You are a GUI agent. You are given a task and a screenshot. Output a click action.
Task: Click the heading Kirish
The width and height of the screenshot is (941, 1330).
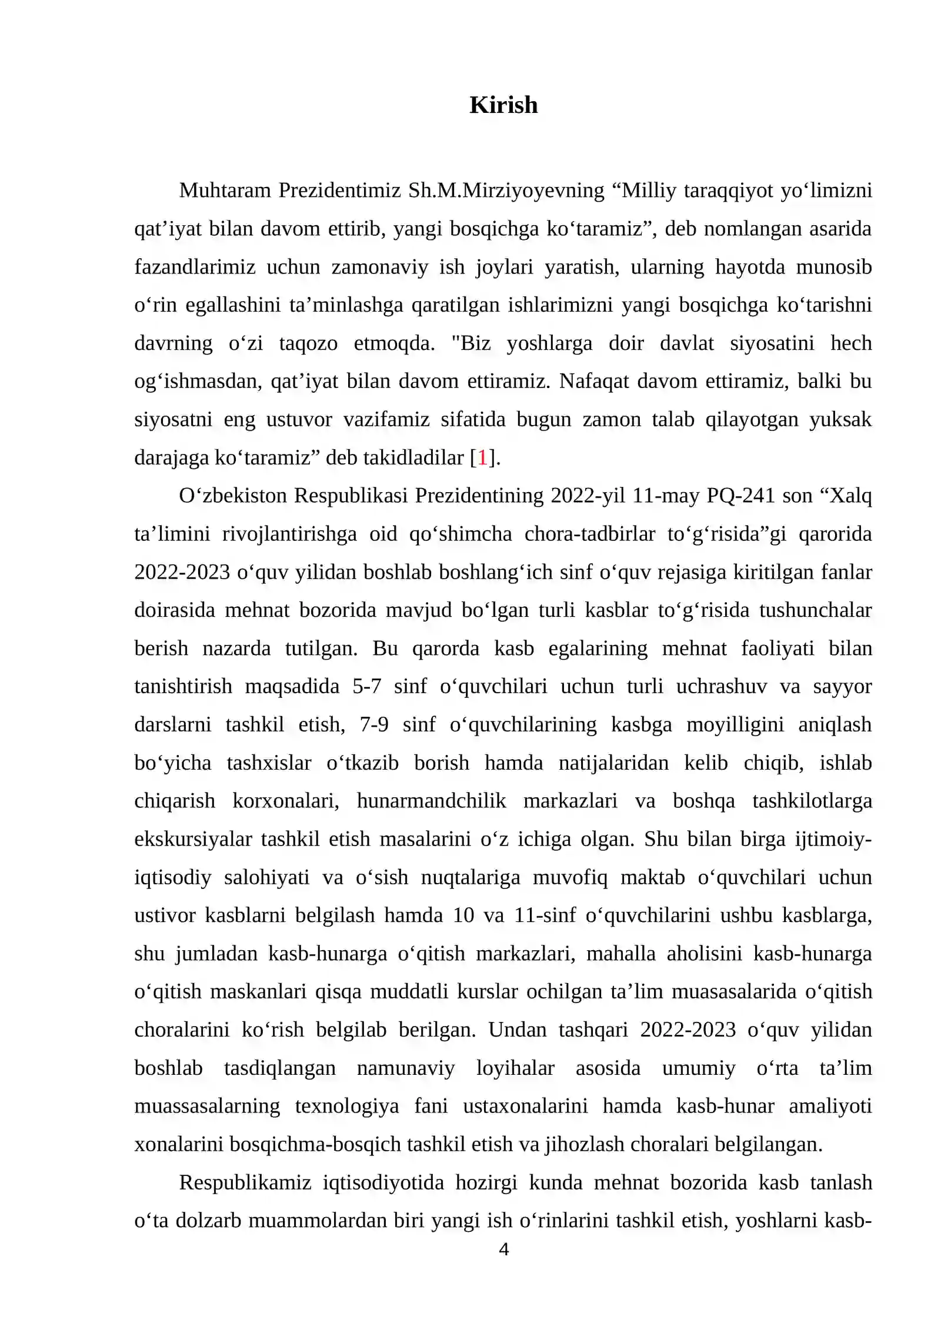click(x=503, y=105)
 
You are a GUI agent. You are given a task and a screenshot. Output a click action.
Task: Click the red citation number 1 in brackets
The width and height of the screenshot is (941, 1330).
click(x=482, y=457)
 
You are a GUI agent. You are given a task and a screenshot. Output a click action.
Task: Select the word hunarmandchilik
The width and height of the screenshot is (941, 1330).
click(x=431, y=800)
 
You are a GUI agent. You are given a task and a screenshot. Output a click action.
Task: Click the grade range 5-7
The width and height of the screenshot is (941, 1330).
click(x=367, y=686)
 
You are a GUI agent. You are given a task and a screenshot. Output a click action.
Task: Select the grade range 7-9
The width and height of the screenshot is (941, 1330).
click(x=373, y=724)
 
